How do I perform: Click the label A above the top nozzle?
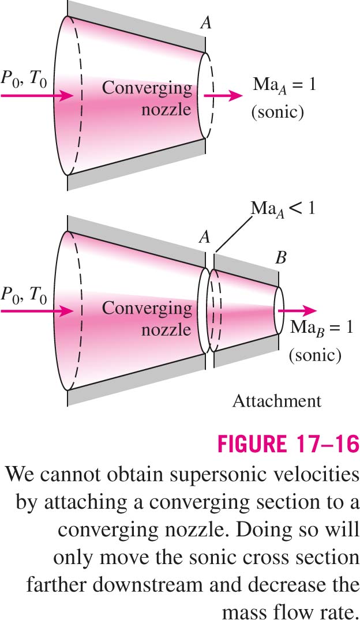205,23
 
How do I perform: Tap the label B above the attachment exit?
280,258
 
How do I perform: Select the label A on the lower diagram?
204,237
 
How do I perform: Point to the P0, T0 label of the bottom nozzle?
24,295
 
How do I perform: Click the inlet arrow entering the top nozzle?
37,96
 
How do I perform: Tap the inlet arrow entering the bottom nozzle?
37,311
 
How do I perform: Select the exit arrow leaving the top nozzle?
223,96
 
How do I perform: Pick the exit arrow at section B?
297,311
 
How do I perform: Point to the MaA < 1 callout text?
283,208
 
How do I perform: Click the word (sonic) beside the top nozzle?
277,112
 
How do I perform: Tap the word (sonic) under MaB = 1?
315,355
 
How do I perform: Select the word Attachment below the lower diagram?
277,401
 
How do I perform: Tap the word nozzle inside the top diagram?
167,109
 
